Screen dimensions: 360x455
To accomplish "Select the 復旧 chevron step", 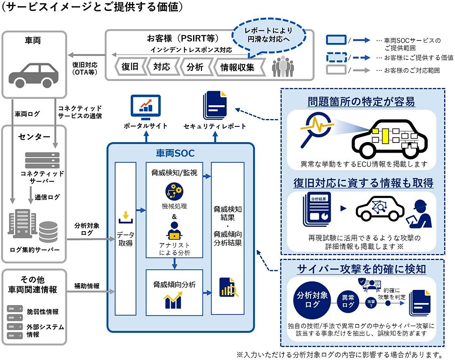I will click(x=130, y=67).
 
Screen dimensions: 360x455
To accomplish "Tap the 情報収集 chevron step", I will click(x=237, y=67).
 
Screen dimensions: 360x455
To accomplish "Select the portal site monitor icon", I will click(x=145, y=106).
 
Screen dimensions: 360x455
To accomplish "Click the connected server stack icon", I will click(x=42, y=160).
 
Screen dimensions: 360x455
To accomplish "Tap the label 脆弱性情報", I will click(x=43, y=311).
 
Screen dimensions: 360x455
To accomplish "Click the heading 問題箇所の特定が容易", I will click(x=361, y=101).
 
